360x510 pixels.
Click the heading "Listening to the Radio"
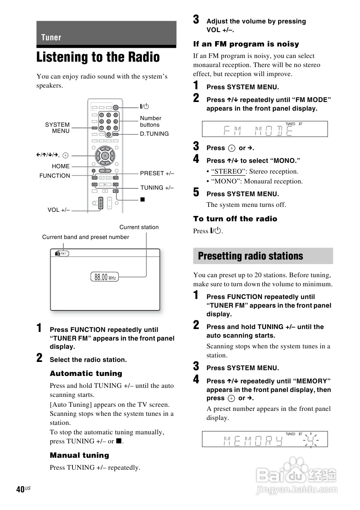(98, 57)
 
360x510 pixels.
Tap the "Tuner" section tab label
(51, 37)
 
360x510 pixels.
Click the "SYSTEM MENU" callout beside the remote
(58, 128)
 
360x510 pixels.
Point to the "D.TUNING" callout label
(154, 134)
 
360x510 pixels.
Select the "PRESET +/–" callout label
(157, 173)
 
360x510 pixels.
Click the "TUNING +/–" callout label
(157, 188)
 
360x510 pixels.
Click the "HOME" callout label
(61, 166)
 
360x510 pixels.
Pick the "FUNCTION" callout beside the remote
(55, 176)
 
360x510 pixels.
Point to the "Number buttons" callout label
(151, 121)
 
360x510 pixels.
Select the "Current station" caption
(139, 227)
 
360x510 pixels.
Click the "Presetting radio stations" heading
(250, 256)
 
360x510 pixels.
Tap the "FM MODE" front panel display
(265, 129)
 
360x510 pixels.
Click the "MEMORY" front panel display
(265, 439)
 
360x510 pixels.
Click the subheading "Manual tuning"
(79, 455)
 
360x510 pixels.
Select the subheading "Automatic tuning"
(86, 373)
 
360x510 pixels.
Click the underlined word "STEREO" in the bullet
(227, 172)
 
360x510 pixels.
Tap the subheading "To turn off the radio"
(235, 219)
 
